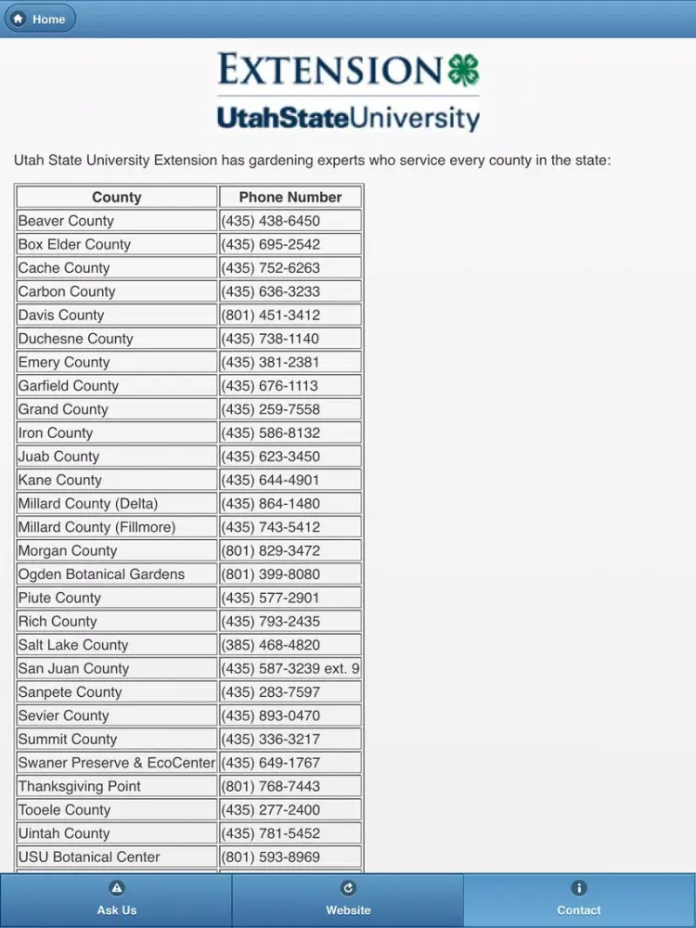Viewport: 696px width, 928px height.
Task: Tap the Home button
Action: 39,19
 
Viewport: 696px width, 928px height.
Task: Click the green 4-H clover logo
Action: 463,71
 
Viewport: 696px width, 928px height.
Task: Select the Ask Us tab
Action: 116,899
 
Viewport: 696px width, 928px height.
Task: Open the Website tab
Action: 348,899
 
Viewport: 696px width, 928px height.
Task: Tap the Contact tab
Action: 579,899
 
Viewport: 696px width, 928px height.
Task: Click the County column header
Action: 117,197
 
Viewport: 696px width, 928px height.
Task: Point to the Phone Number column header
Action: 290,197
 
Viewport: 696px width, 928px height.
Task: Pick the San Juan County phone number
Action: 290,668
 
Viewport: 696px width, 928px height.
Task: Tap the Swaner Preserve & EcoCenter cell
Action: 117,762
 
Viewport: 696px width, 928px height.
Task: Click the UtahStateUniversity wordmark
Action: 348,118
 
